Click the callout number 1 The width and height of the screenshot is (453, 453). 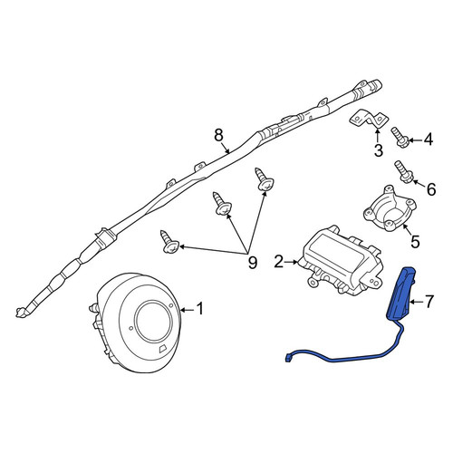[200, 309]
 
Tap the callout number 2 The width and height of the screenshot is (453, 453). [279, 262]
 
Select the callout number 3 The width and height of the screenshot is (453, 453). [378, 150]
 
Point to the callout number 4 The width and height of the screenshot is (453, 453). [428, 140]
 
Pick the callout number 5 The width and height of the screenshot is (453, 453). [415, 241]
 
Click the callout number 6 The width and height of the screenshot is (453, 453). [431, 189]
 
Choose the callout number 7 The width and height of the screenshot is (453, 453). [429, 301]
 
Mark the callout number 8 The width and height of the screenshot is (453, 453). [218, 135]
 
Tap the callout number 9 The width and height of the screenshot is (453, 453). [252, 262]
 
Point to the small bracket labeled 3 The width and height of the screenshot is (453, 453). [369, 120]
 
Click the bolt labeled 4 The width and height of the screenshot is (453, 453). [400, 138]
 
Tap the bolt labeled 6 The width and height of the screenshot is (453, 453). [403, 172]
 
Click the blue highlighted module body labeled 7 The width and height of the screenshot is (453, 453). [400, 294]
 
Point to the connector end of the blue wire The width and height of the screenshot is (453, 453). [287, 358]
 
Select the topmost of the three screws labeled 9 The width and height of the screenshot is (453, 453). [265, 179]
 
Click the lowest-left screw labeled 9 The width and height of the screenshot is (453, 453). [169, 242]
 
